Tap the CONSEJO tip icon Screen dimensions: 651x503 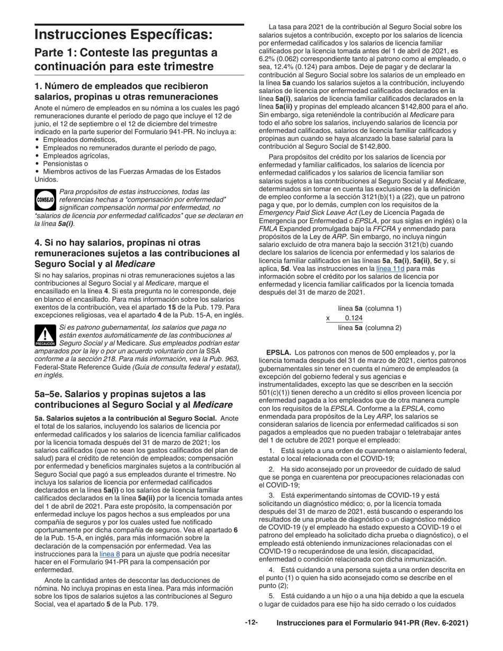(44, 200)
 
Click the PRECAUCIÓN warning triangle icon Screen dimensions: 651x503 (45, 336)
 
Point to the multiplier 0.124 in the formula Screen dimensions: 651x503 (354, 318)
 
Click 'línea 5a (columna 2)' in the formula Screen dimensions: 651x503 (370, 328)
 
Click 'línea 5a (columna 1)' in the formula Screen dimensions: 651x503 (370, 309)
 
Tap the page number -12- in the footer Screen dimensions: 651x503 (251, 623)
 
